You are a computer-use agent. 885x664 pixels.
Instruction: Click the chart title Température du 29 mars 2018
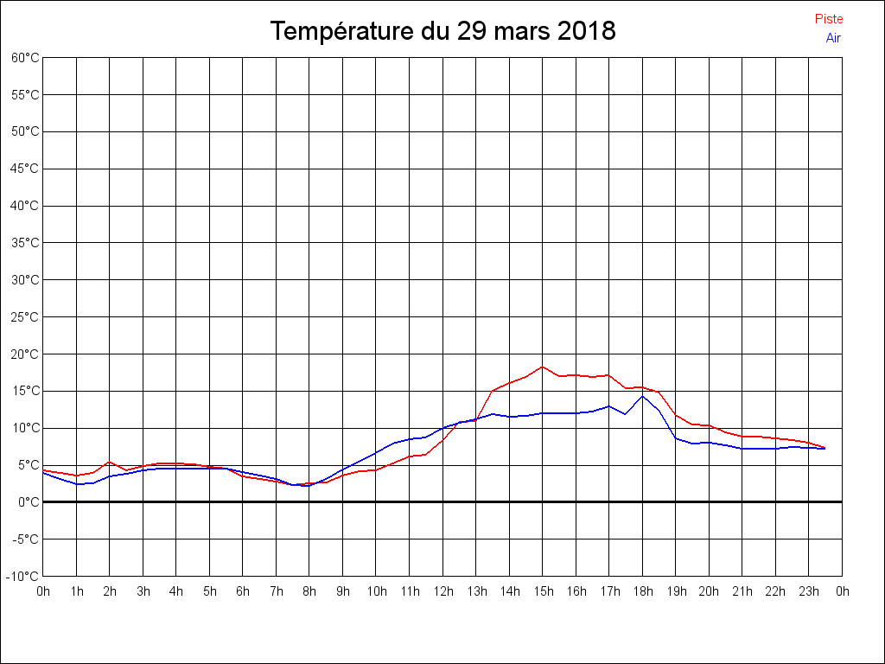442,32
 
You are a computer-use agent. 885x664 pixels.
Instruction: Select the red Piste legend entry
829,19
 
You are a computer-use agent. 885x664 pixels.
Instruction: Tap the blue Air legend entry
833,38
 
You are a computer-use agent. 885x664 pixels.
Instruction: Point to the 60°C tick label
25,58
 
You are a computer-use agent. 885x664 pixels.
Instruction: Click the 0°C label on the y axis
29,502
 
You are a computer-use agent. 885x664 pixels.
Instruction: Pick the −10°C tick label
24,577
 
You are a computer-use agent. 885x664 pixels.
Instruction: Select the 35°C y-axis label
25,243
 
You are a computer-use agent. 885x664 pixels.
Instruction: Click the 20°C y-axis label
25,354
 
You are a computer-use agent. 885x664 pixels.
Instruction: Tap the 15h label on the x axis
543,592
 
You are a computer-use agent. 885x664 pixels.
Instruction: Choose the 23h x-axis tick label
809,592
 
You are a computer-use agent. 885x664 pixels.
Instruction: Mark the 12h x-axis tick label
442,592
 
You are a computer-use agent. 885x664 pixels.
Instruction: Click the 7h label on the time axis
277,592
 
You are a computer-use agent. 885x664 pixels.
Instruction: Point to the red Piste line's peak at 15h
543,367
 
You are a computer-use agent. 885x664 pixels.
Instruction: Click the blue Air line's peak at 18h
642,396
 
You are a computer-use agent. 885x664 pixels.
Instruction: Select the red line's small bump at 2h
109,462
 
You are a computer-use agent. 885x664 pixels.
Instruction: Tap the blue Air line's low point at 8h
309,486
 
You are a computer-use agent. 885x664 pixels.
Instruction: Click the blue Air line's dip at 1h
77,484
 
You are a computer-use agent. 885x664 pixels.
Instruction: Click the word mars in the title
521,32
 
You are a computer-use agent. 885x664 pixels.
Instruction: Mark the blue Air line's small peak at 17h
608,406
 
